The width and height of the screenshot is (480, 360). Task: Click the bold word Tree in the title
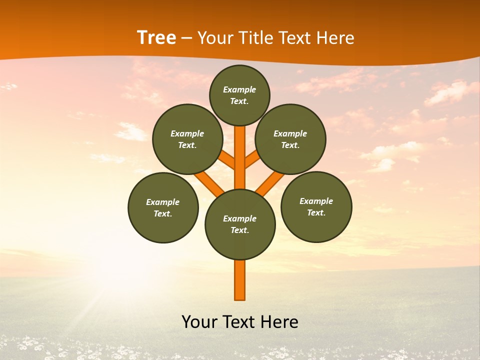[x=156, y=37]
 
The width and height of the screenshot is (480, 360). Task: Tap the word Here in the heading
[x=335, y=37]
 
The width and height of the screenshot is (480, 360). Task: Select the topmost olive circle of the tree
[x=239, y=95]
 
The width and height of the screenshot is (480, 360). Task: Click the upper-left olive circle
[x=187, y=139]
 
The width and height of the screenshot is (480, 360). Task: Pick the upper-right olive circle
[x=290, y=139]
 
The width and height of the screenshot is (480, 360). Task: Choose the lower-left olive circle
[x=163, y=207]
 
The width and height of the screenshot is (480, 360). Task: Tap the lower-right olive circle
[x=316, y=206]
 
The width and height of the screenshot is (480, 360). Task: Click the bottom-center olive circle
[x=240, y=224]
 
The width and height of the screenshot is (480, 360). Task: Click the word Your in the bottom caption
[x=199, y=321]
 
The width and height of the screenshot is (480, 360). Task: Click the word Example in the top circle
[x=239, y=89]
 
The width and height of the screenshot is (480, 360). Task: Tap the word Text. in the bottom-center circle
[x=239, y=230]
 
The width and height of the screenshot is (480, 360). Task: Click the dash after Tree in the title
[x=186, y=38]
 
